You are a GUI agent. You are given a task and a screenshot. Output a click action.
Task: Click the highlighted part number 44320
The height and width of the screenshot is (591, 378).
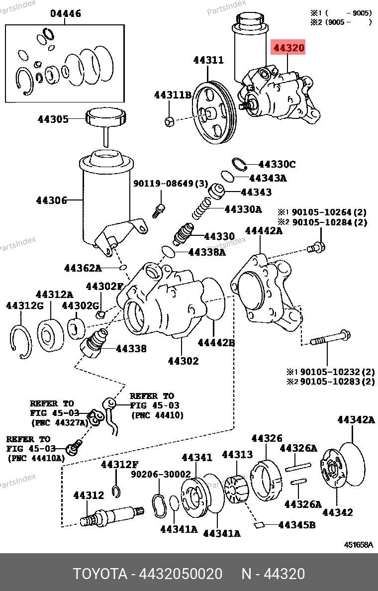[287, 49]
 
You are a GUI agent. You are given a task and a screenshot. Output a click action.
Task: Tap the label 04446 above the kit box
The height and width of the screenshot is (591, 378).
[65, 13]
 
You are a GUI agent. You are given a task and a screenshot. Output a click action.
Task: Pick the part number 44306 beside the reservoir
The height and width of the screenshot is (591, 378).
[51, 200]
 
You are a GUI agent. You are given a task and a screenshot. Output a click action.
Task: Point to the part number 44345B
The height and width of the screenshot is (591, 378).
[297, 525]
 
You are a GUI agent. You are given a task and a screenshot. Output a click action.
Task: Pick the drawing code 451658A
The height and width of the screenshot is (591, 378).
[359, 545]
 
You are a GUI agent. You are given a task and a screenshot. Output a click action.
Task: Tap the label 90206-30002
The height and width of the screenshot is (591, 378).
[161, 475]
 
